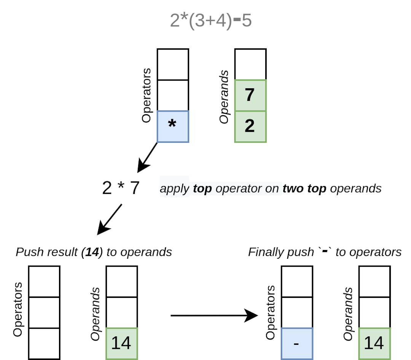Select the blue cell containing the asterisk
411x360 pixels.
pyautogui.click(x=173, y=126)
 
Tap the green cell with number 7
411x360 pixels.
pyautogui.click(x=250, y=95)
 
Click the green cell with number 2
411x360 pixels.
pyautogui.click(x=250, y=126)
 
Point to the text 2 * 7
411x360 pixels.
pyautogui.click(x=121, y=188)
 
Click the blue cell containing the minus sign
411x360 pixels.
pyautogui.click(x=297, y=343)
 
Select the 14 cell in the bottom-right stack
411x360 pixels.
pyautogui.click(x=374, y=343)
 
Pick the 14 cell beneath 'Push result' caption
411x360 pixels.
pyautogui.click(x=121, y=343)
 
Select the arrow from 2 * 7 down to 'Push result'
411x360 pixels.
pyautogui.click(x=110, y=219)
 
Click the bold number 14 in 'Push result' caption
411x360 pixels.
pyautogui.click(x=91, y=252)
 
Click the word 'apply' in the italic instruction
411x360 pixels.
pyautogui.click(x=174, y=188)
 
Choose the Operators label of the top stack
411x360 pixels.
pyautogui.click(x=147, y=95)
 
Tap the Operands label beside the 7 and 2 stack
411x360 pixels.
pyautogui.click(x=225, y=97)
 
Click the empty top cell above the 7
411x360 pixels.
pyautogui.click(x=250, y=64)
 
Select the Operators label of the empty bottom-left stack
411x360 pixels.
pyautogui.click(x=18, y=309)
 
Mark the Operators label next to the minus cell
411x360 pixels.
pyautogui.click(x=270, y=312)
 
